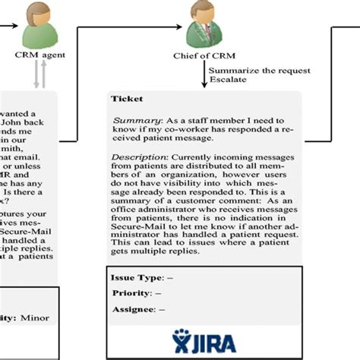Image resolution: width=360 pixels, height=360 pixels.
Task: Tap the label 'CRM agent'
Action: [x=36, y=55]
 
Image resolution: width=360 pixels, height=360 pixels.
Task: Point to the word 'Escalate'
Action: [x=224, y=81]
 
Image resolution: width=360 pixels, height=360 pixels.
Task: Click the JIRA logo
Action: [x=204, y=336]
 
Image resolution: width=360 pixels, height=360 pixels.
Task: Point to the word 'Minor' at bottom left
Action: [x=36, y=317]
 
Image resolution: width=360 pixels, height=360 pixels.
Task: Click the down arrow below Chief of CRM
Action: [x=204, y=76]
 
